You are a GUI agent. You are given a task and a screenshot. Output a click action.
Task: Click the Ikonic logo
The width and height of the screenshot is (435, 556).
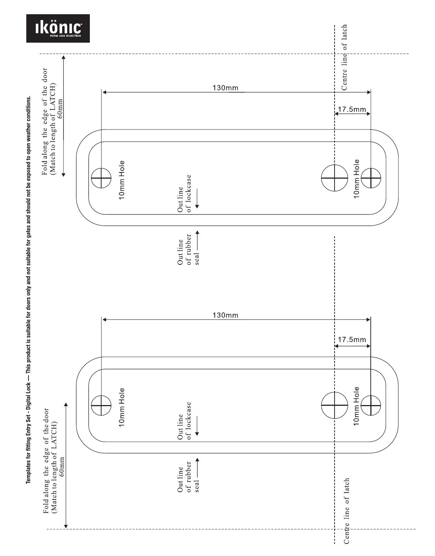pyautogui.click(x=58, y=28)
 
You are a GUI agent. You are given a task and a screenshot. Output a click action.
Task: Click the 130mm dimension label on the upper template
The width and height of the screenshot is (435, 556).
pyautogui.click(x=225, y=88)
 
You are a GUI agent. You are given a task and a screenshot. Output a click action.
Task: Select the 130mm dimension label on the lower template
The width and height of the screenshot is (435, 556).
pyautogui.click(x=225, y=315)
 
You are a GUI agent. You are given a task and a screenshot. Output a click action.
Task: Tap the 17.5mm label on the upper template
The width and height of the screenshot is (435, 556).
pyautogui.click(x=352, y=109)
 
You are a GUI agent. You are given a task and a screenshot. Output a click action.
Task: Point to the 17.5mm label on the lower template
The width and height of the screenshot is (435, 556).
pyautogui.click(x=352, y=340)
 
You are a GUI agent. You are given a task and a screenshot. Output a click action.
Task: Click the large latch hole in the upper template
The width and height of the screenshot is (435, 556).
pyautogui.click(x=335, y=178)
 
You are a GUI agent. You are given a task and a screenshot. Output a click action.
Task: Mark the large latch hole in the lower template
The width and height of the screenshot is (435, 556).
pyautogui.click(x=335, y=405)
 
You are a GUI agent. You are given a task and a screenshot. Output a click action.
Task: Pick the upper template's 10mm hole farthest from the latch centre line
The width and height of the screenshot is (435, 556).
pyautogui.click(x=101, y=178)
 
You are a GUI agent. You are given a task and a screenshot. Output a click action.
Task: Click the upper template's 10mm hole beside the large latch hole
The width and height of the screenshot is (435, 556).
pyautogui.click(x=371, y=178)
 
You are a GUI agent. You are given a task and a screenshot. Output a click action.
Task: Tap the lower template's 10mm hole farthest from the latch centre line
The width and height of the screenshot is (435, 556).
pyautogui.click(x=101, y=405)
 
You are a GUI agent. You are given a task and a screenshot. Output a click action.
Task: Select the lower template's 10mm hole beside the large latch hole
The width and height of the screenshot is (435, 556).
pyautogui.click(x=371, y=405)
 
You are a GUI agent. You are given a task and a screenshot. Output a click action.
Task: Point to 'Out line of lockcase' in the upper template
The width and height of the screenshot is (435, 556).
pyautogui.click(x=184, y=194)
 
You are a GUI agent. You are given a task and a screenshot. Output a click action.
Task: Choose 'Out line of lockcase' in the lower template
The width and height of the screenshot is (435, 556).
pyautogui.click(x=184, y=421)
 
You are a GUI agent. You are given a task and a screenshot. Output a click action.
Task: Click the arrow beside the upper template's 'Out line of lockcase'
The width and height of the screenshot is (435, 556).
pyautogui.click(x=197, y=199)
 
